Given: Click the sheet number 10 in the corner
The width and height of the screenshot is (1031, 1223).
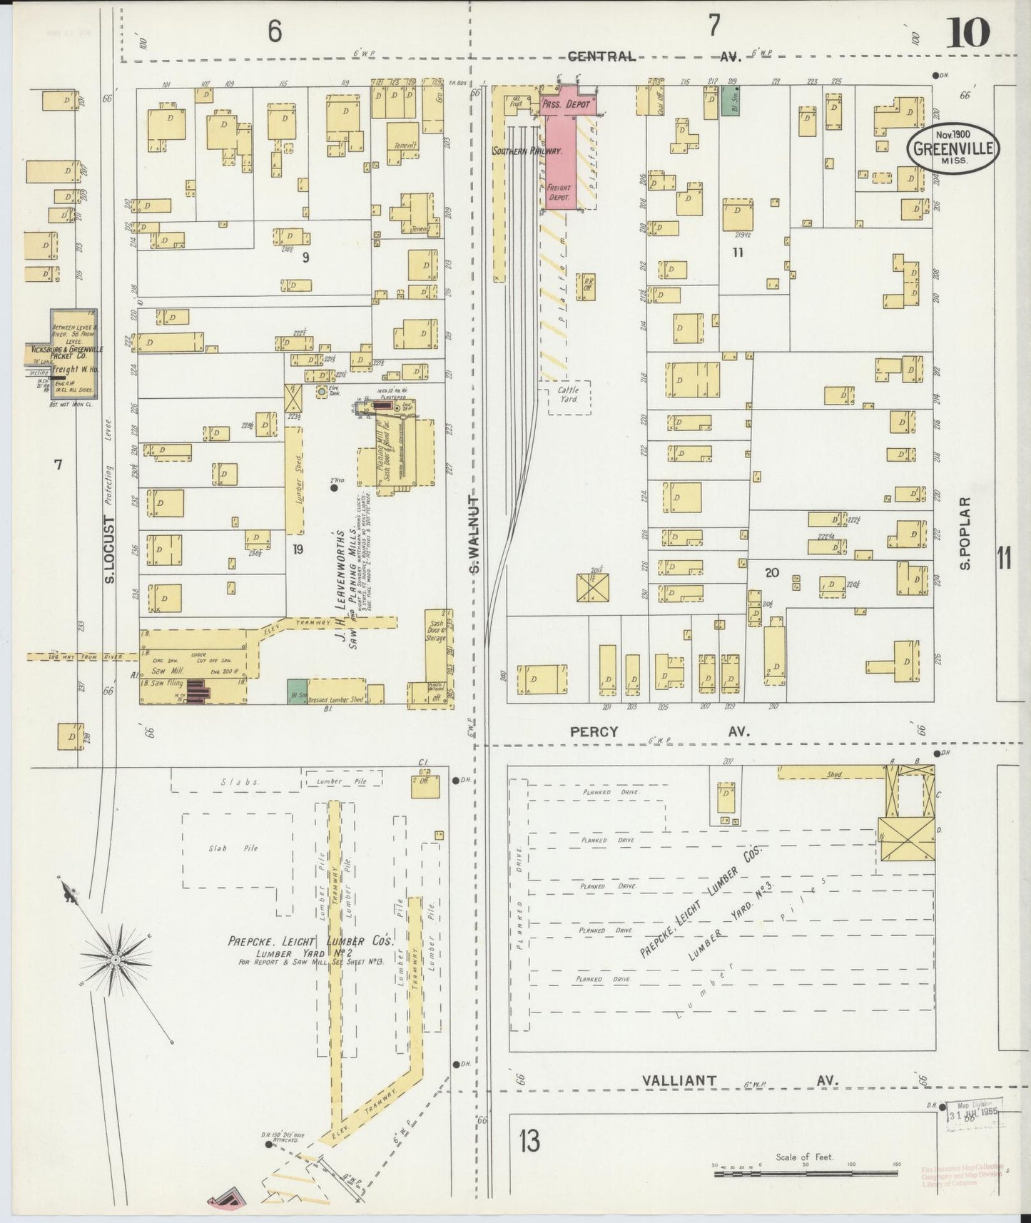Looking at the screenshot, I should [x=967, y=32].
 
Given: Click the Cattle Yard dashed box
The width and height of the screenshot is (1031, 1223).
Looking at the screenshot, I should [x=569, y=396].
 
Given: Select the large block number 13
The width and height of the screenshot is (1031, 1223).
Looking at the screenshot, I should [x=529, y=1142].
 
